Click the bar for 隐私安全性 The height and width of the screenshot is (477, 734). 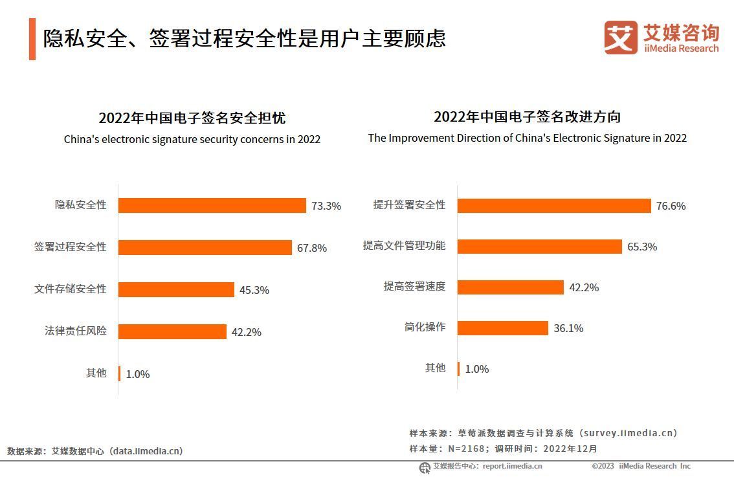212,205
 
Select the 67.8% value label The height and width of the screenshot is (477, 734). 312,248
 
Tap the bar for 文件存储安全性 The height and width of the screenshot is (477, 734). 176,289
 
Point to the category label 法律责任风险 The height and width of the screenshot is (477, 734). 75,331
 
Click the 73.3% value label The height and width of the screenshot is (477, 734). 326,206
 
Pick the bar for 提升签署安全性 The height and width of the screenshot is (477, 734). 554,205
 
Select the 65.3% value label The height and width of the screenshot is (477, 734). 642,247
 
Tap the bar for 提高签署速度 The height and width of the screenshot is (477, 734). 511,287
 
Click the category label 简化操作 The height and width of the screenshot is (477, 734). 425,327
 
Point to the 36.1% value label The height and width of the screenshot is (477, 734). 568,328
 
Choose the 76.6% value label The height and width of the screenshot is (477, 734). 671,206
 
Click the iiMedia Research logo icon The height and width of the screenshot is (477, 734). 620,38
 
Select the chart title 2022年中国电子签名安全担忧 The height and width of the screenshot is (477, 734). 192,118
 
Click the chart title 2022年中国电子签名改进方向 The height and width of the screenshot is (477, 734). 527,116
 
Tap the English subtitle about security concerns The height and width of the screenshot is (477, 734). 192,139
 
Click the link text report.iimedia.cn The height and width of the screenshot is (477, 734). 512,466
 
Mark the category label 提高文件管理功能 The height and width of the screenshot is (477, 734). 404,246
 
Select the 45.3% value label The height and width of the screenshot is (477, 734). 254,290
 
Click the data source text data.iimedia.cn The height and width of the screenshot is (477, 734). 146,451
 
